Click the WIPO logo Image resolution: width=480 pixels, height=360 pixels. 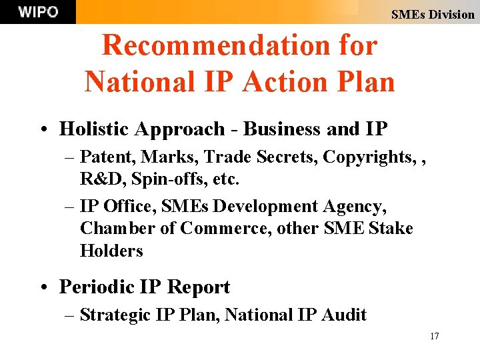click(x=38, y=12)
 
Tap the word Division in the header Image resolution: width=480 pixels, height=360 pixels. click(x=451, y=14)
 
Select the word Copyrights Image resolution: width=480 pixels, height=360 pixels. click(x=366, y=157)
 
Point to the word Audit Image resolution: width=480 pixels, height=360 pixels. click(x=346, y=315)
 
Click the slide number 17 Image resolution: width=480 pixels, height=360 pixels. click(x=435, y=336)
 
